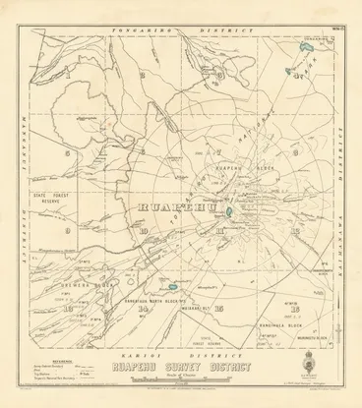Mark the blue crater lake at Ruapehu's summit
(x=229, y=210)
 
